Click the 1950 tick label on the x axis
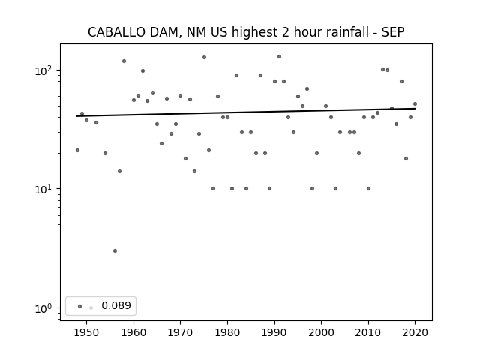click(87, 332)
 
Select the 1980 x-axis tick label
click(227, 332)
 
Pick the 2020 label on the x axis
click(415, 332)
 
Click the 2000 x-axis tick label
click(322, 332)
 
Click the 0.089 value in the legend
click(116, 305)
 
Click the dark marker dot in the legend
click(80, 306)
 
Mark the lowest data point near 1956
click(115, 251)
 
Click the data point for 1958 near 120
click(124, 61)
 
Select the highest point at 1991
click(279, 57)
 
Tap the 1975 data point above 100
click(204, 57)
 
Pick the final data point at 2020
click(415, 103)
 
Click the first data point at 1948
click(77, 150)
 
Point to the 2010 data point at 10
click(368, 188)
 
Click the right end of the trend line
click(415, 108)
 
